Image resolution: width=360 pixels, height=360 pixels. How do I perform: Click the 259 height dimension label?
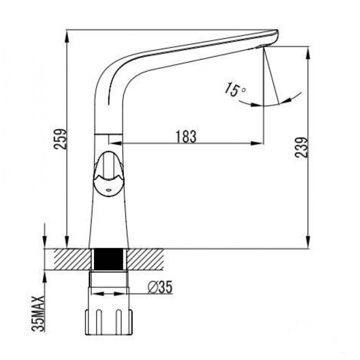(60, 139)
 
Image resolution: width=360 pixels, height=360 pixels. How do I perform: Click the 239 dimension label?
(301, 147)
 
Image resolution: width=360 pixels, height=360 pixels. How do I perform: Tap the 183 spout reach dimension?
(186, 136)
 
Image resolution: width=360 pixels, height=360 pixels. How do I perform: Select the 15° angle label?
(235, 89)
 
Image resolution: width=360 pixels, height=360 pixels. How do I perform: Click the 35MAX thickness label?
(38, 313)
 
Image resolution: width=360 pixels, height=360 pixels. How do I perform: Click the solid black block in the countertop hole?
(108, 259)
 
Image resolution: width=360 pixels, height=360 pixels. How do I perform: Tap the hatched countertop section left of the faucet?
(72, 259)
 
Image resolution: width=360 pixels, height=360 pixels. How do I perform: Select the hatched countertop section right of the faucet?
(145, 259)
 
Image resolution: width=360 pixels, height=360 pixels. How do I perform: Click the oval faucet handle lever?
(108, 174)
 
